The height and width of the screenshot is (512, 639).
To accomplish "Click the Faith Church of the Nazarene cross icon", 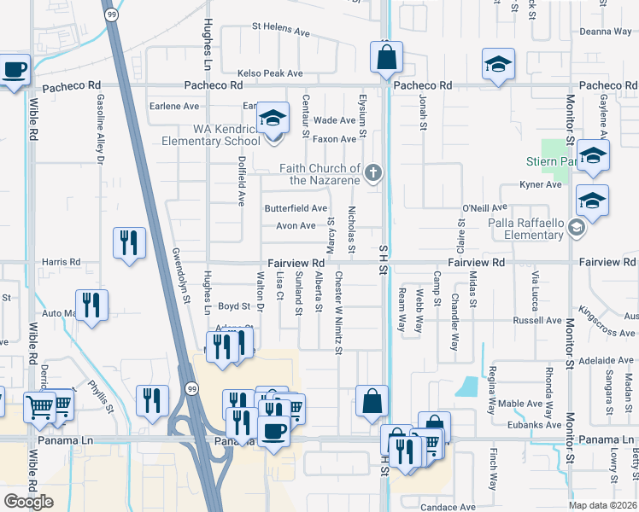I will pos(372,174).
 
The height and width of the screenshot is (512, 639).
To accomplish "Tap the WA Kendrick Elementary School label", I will pos(226,135).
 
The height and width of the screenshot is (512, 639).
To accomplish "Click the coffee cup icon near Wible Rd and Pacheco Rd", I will pos(15,70).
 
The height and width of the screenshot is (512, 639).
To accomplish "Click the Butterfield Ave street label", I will pos(296,208).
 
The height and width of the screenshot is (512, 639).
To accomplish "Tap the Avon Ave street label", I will pos(296,226).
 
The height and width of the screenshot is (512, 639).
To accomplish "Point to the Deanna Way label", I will pos(605,32).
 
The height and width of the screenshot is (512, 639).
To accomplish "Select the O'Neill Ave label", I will pos(484,207).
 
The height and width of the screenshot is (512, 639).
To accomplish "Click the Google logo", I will pos(28,502).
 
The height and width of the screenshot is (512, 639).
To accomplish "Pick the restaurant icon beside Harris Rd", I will pos(129,242).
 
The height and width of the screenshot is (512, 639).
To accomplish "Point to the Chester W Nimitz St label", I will pos(338,312).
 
